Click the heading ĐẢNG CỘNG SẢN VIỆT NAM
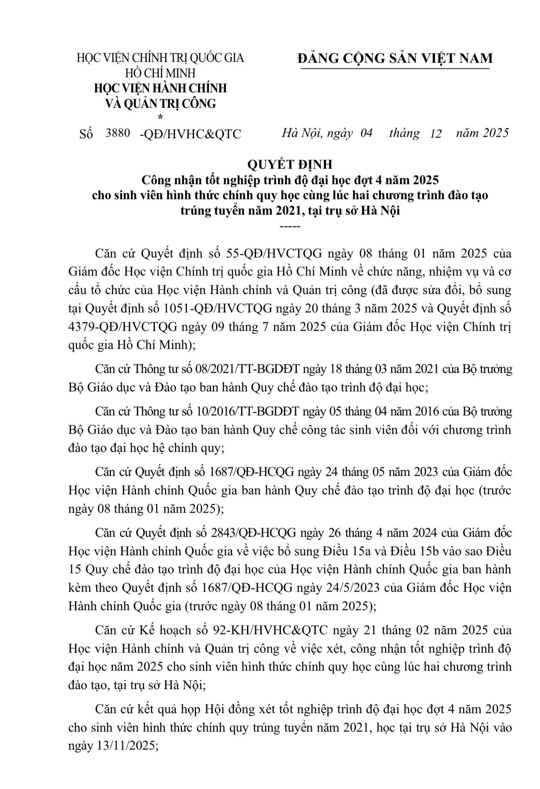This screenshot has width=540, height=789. click(395, 58)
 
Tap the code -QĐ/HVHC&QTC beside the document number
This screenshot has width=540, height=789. click(190, 134)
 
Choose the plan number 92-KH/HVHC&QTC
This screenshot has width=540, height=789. click(270, 630)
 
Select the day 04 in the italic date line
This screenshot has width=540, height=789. click(366, 133)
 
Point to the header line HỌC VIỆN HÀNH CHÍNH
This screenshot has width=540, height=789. click(160, 88)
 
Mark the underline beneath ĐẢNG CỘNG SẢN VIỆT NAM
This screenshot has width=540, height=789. click(395, 68)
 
